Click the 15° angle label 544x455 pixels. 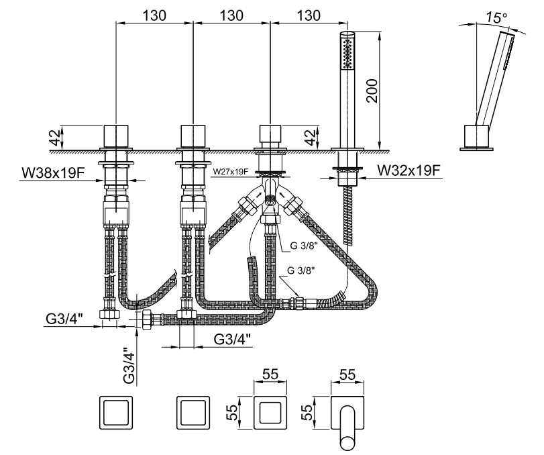(497, 17)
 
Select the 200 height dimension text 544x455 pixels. (374, 87)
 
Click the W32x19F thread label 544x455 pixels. (409, 170)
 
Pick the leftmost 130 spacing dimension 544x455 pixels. (155, 13)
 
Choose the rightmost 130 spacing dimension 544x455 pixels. (308, 13)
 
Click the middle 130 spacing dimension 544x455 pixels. (231, 13)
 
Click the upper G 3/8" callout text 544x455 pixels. (304, 246)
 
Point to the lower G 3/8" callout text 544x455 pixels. (300, 270)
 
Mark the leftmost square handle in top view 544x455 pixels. (117, 413)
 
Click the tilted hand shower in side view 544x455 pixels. (493, 81)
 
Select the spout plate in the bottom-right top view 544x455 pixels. (348, 413)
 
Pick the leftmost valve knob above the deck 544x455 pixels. (117, 136)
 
